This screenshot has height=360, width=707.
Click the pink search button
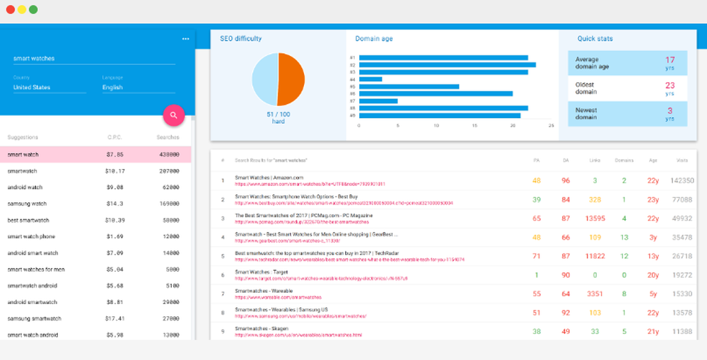174,115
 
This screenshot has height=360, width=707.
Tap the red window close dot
10,10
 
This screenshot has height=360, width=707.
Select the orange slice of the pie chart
291,79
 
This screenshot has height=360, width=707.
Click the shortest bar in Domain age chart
370,79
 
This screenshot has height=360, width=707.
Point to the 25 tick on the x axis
551,125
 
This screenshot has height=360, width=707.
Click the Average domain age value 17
670,59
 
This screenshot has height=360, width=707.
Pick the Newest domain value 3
670,110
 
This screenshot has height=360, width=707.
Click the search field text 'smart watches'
34,58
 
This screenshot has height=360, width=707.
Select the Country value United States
32,88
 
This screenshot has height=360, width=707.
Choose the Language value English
112,88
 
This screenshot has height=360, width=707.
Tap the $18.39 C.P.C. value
115,220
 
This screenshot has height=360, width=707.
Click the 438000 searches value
169,154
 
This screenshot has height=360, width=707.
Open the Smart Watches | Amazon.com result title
269,178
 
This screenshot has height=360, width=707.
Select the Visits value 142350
682,180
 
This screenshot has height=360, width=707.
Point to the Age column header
653,161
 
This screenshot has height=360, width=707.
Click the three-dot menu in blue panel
185,39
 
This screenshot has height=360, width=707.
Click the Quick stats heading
595,39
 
